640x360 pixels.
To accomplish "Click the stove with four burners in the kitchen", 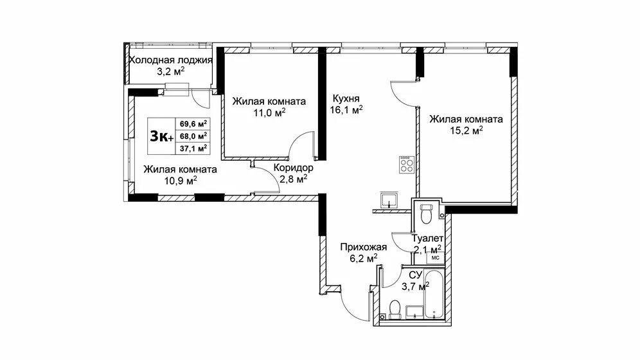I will pyautogui.click(x=406, y=165).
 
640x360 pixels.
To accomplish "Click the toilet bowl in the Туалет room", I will pyautogui.click(x=426, y=213).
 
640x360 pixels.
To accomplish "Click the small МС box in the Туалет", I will pyautogui.click(x=434, y=257).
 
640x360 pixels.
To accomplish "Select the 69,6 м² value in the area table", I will pyautogui.click(x=193, y=123).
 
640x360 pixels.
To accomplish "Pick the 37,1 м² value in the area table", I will pyautogui.click(x=193, y=148).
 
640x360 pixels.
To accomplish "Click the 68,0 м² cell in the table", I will pyautogui.click(x=193, y=136).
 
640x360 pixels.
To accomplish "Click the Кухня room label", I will pyautogui.click(x=346, y=98).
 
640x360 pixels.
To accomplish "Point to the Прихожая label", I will pyautogui.click(x=363, y=246).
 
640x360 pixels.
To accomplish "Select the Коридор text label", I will pyautogui.click(x=293, y=167).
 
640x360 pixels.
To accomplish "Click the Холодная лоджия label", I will pyautogui.click(x=171, y=60).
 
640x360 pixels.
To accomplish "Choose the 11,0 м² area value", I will pyautogui.click(x=269, y=113).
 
